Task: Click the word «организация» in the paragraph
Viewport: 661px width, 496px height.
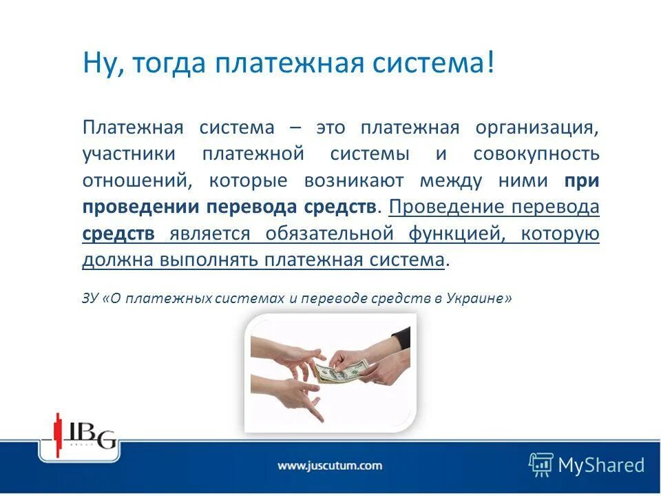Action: tap(536, 128)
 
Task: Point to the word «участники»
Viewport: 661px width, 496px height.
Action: tap(128, 154)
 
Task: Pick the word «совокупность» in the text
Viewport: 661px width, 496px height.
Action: tap(536, 154)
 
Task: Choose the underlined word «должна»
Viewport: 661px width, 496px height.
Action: tap(111, 260)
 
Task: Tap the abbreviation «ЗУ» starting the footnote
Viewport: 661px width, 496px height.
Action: tap(90, 299)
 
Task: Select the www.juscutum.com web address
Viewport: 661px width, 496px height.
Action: tap(329, 466)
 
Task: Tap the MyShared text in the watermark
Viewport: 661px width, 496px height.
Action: tap(601, 465)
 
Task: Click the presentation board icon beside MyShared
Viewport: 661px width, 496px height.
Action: tap(541, 464)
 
